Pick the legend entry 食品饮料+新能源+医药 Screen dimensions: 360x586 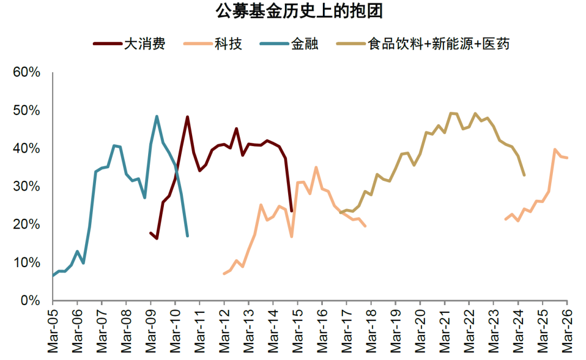pyautogui.click(x=438, y=44)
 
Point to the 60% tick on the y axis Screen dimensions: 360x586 pyautogui.click(x=28, y=72)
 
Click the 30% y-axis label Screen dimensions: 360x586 pyautogui.click(x=28, y=186)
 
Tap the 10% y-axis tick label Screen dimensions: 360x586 pyautogui.click(x=28, y=262)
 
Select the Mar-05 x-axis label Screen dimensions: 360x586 pyautogui.click(x=53, y=331)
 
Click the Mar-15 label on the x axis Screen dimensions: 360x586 pyautogui.click(x=297, y=331)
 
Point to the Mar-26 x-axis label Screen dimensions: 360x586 pyautogui.click(x=567, y=331)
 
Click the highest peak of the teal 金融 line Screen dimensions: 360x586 pyautogui.click(x=157, y=116)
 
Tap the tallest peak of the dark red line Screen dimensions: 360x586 pyautogui.click(x=187, y=117)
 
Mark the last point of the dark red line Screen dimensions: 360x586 pyautogui.click(x=291, y=211)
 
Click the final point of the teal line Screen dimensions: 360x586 pyautogui.click(x=187, y=236)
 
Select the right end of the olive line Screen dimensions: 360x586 pyautogui.click(x=524, y=175)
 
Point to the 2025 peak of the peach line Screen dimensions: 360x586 pyautogui.click(x=555, y=149)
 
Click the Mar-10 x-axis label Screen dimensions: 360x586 pyautogui.click(x=175, y=331)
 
